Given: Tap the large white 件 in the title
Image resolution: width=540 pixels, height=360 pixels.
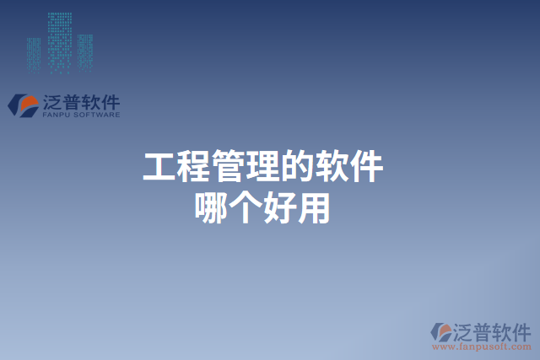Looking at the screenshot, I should pos(367,168).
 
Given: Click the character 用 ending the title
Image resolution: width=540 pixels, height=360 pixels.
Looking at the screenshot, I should pos(314,208).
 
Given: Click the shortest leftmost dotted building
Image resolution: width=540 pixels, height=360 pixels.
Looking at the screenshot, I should pos(33,54).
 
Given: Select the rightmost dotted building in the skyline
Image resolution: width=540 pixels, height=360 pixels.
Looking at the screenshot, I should pos(85,51).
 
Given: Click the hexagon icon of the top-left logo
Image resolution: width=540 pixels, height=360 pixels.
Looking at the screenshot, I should pos(22,105).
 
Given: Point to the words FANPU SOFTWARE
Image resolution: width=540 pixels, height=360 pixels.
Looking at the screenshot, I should pos(80,116).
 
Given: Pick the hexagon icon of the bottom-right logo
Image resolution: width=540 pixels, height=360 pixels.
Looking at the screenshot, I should pos(441,331).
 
